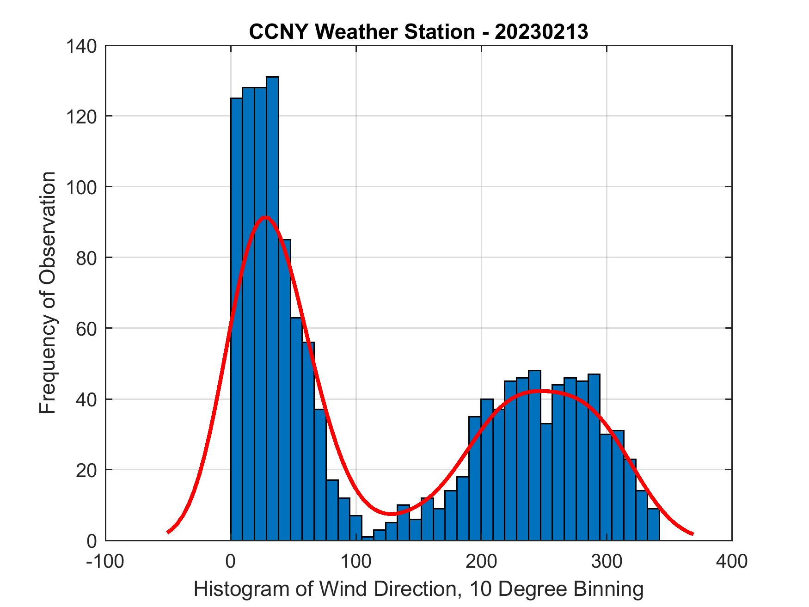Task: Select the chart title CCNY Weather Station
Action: point(418,32)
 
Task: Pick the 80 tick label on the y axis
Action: point(86,258)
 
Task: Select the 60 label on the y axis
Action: point(86,329)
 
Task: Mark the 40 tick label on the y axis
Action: point(86,399)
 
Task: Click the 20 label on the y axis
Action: point(86,470)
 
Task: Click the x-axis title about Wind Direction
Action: point(418,589)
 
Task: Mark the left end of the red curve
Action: point(168,532)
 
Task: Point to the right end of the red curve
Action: point(693,534)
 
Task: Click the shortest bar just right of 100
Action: point(368,538)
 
